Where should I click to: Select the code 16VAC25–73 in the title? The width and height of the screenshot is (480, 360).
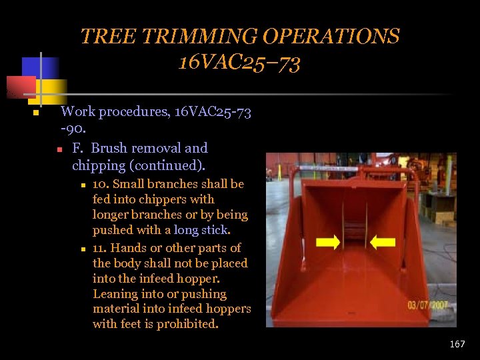[x=239, y=63]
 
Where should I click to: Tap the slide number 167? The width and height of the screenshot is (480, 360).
[x=457, y=344]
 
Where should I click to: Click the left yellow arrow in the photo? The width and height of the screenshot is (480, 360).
[x=327, y=242]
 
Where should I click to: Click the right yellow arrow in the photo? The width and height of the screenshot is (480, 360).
[x=382, y=242]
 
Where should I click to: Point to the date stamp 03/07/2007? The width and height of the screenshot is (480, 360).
[x=427, y=306]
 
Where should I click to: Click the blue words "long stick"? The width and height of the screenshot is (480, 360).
[x=201, y=230]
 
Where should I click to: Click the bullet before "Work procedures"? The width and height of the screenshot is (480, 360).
[x=36, y=113]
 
